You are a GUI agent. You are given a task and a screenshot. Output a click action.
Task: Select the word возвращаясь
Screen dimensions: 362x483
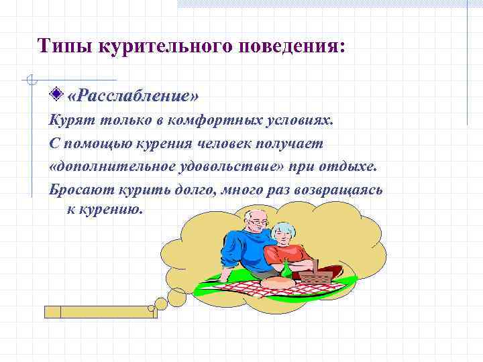(343, 188)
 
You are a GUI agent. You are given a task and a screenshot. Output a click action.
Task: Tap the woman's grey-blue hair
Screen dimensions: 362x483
(285, 229)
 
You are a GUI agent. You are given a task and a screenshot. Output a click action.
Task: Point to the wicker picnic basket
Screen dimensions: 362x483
(315, 271)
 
